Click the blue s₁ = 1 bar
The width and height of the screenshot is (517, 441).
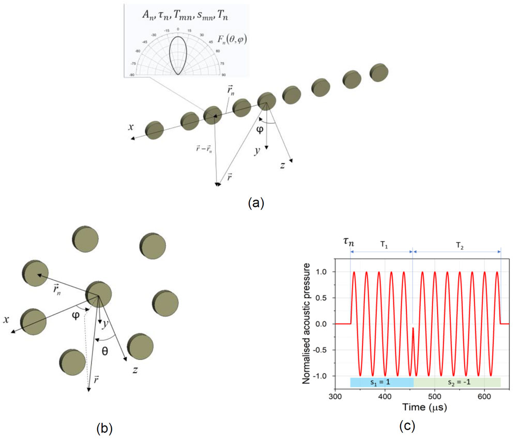click(x=382, y=382)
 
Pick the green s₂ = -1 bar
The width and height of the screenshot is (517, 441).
click(x=457, y=382)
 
